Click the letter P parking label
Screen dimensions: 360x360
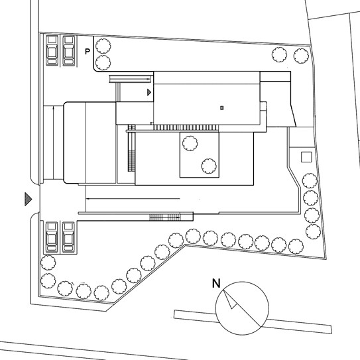pos(88,52)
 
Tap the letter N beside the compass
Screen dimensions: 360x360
pos(216,283)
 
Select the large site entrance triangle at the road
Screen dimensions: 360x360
pos(29,199)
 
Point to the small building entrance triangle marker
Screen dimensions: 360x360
pos(149,92)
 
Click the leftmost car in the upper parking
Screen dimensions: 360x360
pos(52,50)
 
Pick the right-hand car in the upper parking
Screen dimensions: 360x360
pos(69,50)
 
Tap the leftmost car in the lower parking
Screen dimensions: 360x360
pos(52,237)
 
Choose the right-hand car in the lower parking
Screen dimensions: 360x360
pos(68,237)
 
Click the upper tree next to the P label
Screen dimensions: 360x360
pos(103,46)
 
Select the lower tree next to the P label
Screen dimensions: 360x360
pos(103,62)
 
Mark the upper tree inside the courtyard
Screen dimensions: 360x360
pos(190,143)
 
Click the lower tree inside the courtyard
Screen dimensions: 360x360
pos(209,166)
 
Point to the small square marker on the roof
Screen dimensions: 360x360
pos(222,107)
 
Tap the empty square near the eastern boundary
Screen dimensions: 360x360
pos(306,157)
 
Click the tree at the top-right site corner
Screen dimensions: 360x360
pos(301,56)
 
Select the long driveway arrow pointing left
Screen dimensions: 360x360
pos(133,199)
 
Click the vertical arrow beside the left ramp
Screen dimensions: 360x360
pos(53,143)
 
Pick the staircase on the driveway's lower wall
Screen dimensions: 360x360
pos(165,217)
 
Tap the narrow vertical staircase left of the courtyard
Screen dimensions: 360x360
pos(131,148)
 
